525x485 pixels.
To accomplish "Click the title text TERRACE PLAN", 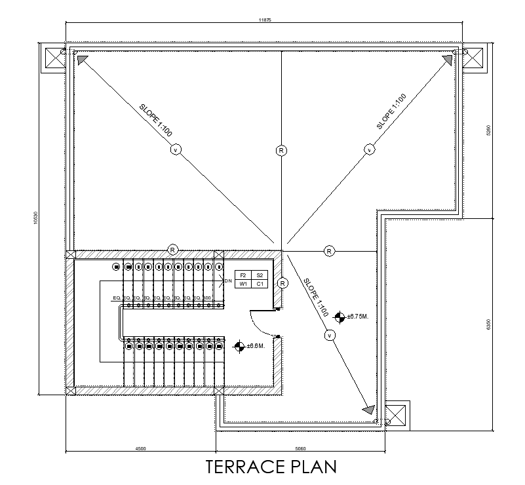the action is (271, 467).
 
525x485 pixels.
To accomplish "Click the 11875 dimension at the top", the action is (265, 20).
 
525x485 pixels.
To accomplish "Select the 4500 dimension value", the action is (140, 449).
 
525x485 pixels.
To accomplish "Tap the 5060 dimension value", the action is (300, 449).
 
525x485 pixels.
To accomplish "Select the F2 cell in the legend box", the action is (243, 275).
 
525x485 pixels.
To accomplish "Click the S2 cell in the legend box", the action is (260, 275).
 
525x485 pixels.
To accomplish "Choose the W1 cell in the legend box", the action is (243, 284).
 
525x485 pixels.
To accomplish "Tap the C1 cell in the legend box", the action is (260, 284).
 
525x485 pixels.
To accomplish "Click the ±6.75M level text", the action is (359, 317).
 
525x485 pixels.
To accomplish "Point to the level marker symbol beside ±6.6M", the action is (240, 345).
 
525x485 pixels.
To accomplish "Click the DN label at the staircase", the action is (228, 281).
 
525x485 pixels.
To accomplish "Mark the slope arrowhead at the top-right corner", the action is (448, 60).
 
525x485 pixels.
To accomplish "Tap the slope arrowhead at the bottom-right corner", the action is (368, 410).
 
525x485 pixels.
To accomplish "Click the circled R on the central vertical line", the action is (281, 151).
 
